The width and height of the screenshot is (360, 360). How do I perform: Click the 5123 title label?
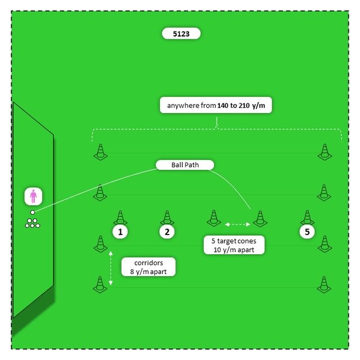click(x=181, y=34)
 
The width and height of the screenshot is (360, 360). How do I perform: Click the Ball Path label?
click(x=185, y=165)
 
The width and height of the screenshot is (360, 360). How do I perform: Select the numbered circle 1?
click(x=120, y=231)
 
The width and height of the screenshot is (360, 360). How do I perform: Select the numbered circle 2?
click(x=166, y=231)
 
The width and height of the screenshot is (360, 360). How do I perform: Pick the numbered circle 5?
click(x=307, y=231)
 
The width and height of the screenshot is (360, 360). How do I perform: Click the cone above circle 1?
click(x=120, y=217)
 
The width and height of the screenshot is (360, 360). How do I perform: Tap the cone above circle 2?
click(x=166, y=217)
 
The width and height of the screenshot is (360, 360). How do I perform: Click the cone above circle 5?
click(x=307, y=217)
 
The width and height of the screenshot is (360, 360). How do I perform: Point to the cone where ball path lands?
click(x=259, y=217)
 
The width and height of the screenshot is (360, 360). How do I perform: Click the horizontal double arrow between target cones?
click(x=237, y=224)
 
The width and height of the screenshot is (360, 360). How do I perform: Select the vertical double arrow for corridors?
click(x=111, y=268)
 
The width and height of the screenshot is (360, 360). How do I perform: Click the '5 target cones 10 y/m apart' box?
click(x=233, y=245)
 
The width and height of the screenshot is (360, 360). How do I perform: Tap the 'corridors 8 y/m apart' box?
click(x=148, y=267)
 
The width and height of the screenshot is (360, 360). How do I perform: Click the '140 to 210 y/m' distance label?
click(x=216, y=105)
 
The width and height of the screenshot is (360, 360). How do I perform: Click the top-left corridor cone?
click(x=100, y=151)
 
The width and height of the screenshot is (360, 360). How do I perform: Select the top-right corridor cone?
click(x=323, y=151)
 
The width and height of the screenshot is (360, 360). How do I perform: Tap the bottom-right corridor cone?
click(x=323, y=285)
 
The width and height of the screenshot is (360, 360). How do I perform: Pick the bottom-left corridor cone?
click(x=100, y=285)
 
